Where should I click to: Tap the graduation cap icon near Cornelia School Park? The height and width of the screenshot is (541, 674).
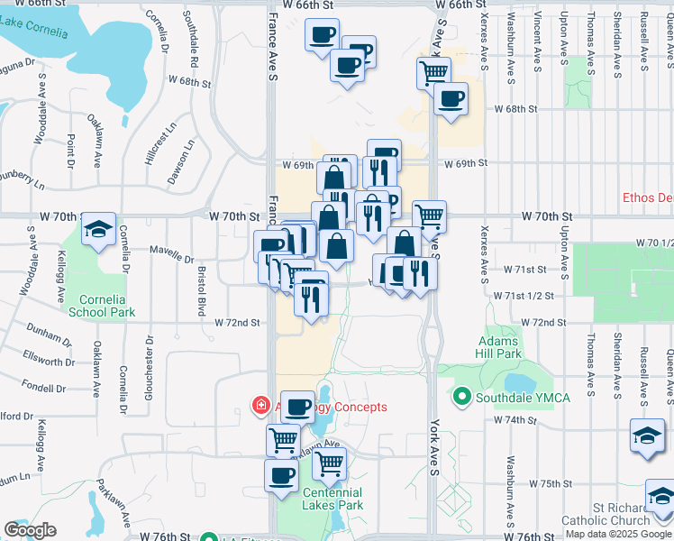(x=98, y=231)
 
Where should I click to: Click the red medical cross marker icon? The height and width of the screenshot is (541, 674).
(x=261, y=407)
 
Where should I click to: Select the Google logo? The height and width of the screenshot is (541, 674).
(x=30, y=530)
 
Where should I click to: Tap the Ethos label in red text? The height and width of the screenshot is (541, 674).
(x=648, y=197)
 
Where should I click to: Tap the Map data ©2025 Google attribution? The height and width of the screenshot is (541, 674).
(x=618, y=534)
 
